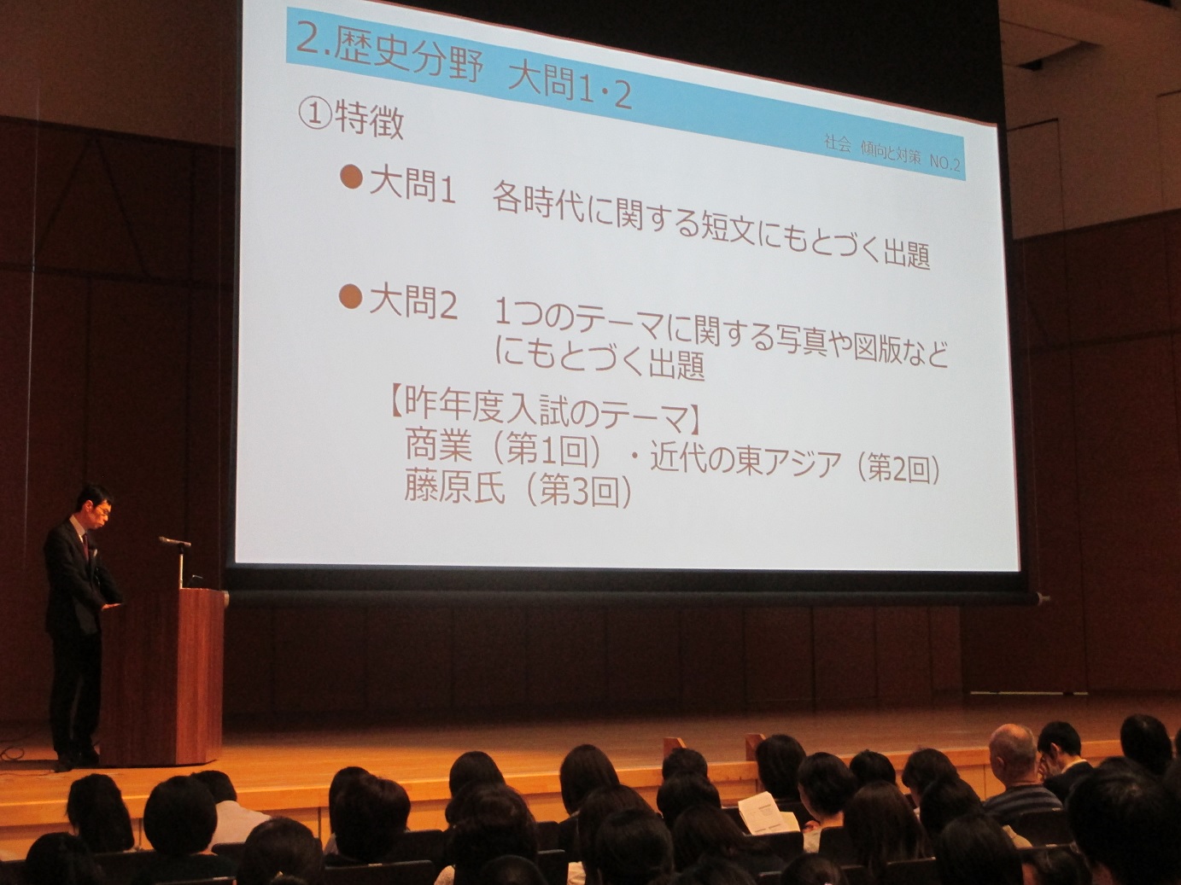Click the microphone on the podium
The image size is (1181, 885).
point(174,541)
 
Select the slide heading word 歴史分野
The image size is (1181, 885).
point(406,59)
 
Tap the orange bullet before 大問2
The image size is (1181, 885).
point(350,296)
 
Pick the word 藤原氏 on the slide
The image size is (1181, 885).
point(454,486)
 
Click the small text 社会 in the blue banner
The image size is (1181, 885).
point(837,144)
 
